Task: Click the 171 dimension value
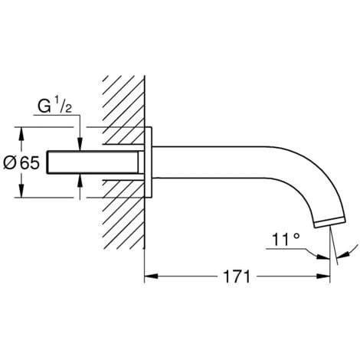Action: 237,277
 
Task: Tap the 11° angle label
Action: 286,239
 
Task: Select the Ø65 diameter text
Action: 21,162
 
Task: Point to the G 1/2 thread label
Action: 54,106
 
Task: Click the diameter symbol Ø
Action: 10,163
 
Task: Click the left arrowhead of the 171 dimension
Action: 151,277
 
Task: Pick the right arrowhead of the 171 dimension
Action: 323,277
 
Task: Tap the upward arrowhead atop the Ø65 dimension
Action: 21,133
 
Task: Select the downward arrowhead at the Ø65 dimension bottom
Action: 21,191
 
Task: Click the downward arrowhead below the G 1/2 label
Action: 80,145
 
